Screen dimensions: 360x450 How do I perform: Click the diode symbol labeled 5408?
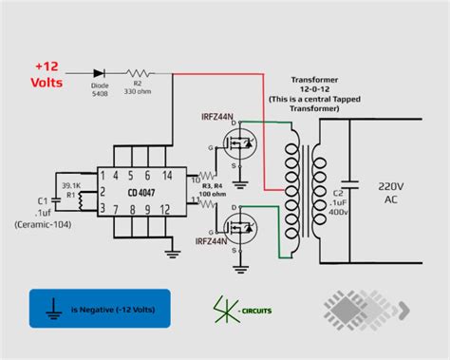[99, 72]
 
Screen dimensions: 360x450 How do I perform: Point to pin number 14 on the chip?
[167, 176]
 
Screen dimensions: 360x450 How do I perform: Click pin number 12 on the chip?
[164, 207]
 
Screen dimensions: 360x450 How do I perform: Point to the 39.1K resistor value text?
[70, 186]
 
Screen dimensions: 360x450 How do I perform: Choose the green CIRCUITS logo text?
[253, 311]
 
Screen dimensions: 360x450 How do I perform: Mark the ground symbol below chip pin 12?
[172, 251]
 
